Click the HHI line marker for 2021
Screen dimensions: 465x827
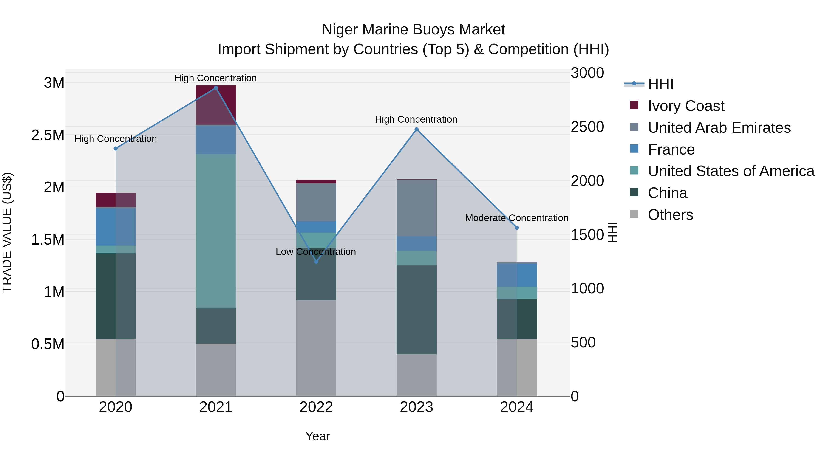coord(216,88)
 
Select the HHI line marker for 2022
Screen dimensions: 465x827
coord(316,262)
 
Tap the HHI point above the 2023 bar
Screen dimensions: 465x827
coord(416,129)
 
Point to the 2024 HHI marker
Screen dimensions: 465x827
coord(517,228)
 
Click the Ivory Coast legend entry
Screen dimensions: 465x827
coord(686,106)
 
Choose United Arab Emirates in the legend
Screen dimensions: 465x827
coord(719,128)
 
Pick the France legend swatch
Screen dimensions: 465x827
coord(634,149)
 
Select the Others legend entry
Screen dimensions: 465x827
coord(670,215)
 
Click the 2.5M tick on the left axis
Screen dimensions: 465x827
coord(48,135)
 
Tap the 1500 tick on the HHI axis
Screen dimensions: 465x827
coord(587,235)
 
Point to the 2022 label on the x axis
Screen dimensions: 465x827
coord(316,407)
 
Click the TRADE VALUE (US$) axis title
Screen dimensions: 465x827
coord(7,232)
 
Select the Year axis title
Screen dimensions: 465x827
coord(317,436)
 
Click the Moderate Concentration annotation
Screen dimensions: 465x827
coord(517,218)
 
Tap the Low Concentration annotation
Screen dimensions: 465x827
coord(316,252)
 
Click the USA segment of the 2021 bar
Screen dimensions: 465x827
coord(216,231)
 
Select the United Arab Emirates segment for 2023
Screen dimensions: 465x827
coord(416,208)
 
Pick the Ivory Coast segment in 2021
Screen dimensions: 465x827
coord(216,105)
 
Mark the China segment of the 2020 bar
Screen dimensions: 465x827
coord(116,296)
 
